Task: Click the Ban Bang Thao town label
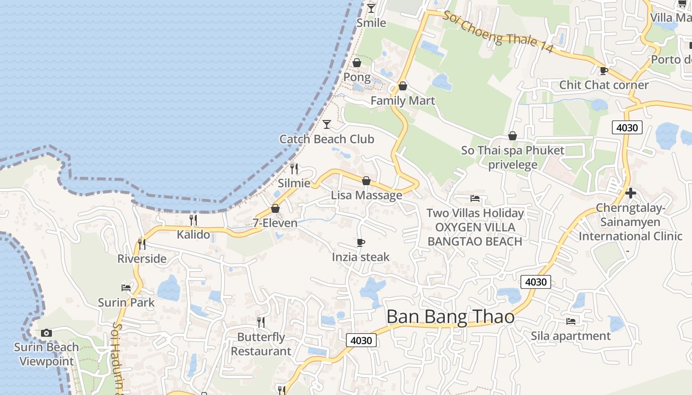pos(450,316)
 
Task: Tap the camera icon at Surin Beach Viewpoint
pos(46,333)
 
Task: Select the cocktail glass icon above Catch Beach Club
pos(327,124)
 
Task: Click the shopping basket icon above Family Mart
pos(403,86)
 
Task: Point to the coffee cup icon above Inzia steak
pos(361,242)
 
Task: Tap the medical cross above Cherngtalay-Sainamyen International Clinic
pos(630,193)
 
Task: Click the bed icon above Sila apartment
pos(571,321)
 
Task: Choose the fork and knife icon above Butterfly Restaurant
pos(260,322)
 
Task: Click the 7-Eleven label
pos(275,223)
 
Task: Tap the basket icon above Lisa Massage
pos(366,181)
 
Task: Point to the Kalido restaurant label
pos(193,234)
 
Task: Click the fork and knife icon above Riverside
pos(142,244)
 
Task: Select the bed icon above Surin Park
pos(126,287)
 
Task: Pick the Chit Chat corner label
pos(604,85)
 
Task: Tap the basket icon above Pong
pos(356,63)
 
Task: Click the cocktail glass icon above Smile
pos(371,8)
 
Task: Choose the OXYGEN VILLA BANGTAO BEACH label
pos(475,235)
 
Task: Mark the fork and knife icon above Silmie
pos(294,169)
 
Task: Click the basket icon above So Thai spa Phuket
pos(513,136)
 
